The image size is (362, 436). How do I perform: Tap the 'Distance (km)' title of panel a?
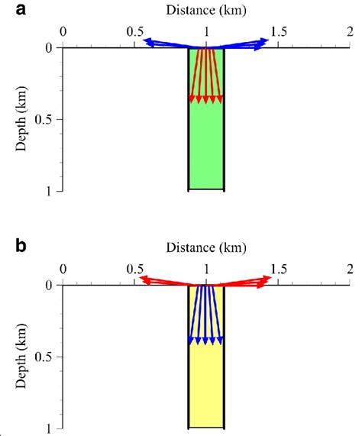click(x=206, y=11)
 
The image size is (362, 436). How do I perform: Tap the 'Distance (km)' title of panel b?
click(x=206, y=248)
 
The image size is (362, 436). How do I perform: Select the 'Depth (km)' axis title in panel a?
click(x=21, y=118)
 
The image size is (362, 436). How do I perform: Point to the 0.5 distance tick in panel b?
click(x=134, y=270)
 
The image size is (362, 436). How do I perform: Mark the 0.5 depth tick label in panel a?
click(x=43, y=119)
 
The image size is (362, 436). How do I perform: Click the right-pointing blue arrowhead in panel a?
click(x=263, y=43)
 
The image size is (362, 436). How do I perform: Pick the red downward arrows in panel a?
click(x=206, y=76)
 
